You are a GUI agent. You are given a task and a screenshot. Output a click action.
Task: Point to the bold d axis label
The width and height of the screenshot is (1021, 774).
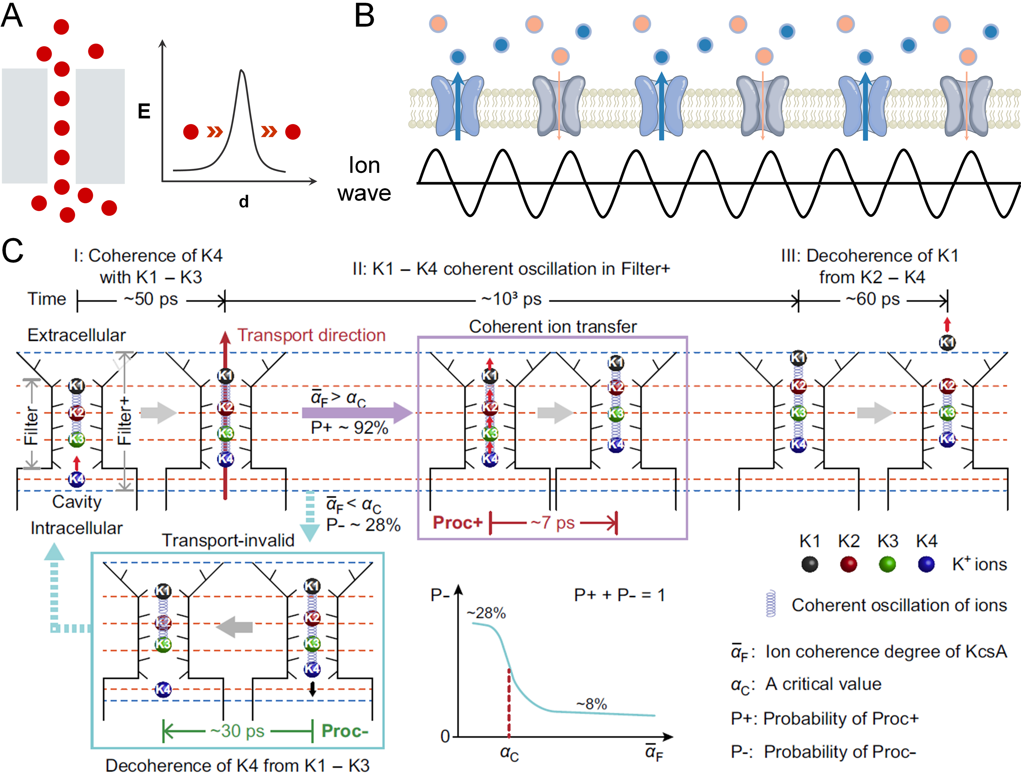click(244, 202)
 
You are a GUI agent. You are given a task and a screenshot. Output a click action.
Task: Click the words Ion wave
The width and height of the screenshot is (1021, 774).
click(364, 179)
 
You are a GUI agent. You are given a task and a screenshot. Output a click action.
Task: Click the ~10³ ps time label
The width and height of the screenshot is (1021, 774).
click(511, 299)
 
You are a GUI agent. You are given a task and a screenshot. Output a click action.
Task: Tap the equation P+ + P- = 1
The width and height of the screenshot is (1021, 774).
click(619, 595)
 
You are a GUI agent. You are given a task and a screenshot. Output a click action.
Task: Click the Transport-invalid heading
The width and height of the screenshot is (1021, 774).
click(228, 540)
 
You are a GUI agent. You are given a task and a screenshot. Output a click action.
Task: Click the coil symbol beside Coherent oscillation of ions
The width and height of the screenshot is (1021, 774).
click(770, 604)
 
